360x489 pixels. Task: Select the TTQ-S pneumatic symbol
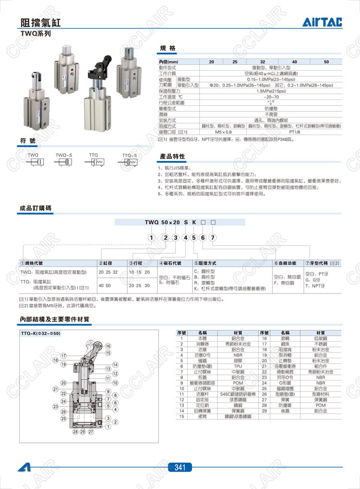coord(129,163)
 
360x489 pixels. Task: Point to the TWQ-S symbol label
coord(64,155)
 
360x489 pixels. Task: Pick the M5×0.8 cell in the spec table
coord(223,131)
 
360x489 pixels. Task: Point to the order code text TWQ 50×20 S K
coord(171,223)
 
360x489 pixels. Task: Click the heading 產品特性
coord(172,157)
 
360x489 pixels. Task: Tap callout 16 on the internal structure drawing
coord(108,346)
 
